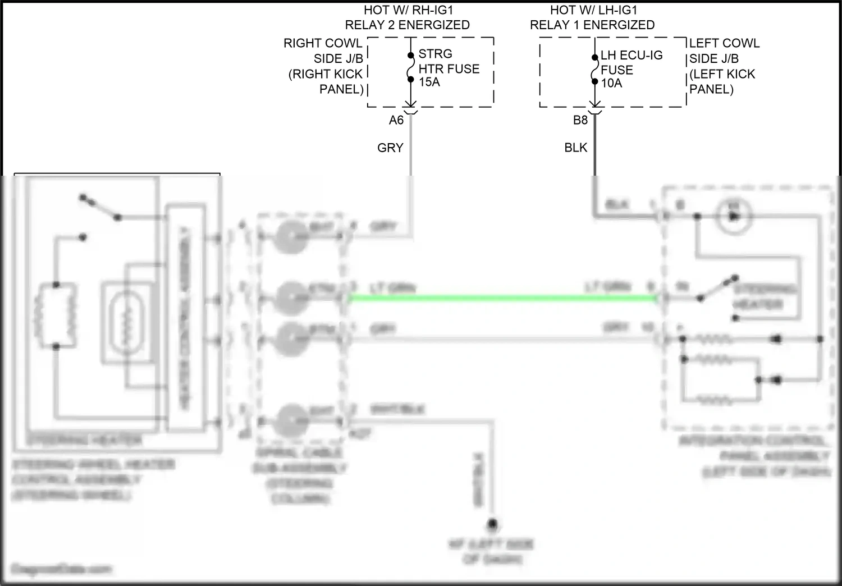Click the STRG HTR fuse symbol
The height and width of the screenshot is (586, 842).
click(x=410, y=67)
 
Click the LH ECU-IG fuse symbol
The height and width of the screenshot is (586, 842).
click(x=594, y=69)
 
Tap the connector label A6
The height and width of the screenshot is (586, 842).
click(x=396, y=120)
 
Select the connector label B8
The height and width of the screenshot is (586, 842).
click(x=580, y=120)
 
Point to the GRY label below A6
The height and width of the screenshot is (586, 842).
click(x=390, y=148)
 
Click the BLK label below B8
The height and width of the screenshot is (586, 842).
click(x=575, y=148)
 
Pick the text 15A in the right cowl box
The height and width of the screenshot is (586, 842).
click(x=429, y=83)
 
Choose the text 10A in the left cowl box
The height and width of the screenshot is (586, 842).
click(x=612, y=84)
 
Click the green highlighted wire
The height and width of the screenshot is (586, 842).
click(x=502, y=299)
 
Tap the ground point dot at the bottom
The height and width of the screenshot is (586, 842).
click(x=492, y=525)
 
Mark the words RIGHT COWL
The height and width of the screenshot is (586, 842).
click(x=323, y=44)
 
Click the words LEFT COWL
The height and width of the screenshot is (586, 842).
click(x=724, y=44)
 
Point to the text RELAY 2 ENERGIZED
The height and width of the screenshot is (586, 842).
click(x=407, y=25)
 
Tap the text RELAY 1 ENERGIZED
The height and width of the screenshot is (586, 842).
click(x=592, y=25)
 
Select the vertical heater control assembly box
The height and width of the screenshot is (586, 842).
click(x=184, y=319)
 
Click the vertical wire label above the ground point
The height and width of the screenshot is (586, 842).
click(x=479, y=480)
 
